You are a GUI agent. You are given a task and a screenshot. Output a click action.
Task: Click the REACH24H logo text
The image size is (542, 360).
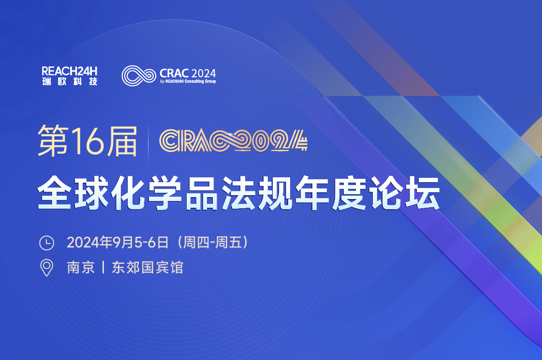point(70,71)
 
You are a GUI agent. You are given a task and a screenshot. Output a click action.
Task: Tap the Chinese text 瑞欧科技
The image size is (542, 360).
point(70,82)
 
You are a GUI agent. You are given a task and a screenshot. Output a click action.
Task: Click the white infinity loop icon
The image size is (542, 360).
point(139,75)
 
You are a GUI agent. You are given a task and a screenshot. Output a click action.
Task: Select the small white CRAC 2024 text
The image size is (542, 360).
point(188,73)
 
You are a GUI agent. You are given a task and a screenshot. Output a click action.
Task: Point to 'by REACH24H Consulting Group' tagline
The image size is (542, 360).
point(188,82)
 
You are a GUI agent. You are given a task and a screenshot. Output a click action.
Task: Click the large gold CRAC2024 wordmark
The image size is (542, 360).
point(234,141)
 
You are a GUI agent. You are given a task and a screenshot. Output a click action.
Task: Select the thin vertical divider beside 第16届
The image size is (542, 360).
point(148,143)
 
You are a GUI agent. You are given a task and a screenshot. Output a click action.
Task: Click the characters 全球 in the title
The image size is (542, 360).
point(73,193)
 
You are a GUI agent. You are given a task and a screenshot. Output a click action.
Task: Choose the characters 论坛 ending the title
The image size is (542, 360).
point(404,193)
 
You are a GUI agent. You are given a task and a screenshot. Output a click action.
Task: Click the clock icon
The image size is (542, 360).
point(47,243)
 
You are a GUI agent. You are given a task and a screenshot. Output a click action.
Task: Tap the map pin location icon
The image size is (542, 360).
point(47,268)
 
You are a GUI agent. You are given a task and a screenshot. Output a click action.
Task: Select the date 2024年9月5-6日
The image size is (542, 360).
point(118,243)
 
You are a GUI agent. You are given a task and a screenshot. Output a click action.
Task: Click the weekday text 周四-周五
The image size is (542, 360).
point(212,243)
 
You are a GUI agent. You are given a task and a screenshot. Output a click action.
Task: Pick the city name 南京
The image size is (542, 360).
point(81,268)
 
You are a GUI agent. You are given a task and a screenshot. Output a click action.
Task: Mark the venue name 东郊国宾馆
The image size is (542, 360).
point(147,268)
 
